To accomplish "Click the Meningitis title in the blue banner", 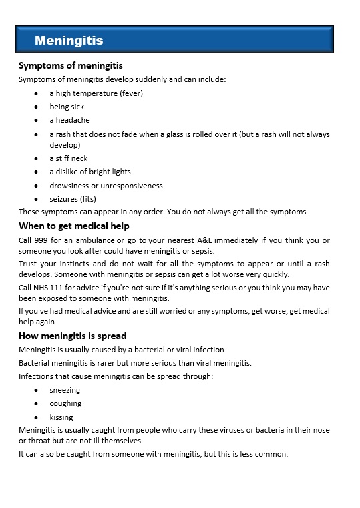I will pos(69,41).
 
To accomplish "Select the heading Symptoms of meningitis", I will pos(70,65).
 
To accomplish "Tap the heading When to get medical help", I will pos(74,226).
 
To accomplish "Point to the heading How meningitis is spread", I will pos(72,335).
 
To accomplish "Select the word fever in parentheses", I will pos(130,93).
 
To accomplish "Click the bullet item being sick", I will pos(67,107).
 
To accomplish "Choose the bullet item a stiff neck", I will pos(68,158).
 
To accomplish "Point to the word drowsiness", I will pos(70,186).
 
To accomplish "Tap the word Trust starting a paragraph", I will pos(29,264).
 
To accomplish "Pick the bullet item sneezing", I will pos(65,390).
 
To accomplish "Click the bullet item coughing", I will pos(65,403).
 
